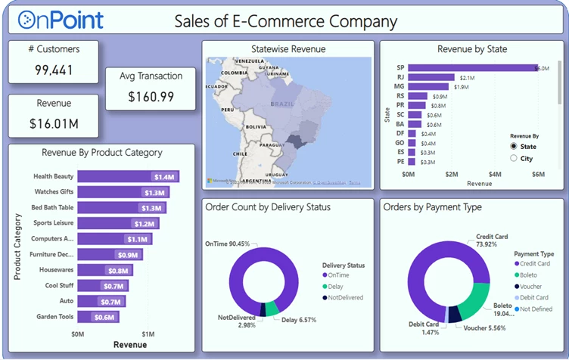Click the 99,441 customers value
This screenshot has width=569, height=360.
point(54,70)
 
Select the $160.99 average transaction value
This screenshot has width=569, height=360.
point(151,97)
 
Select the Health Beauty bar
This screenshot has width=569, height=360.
point(128,176)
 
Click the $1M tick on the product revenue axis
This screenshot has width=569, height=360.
point(148,334)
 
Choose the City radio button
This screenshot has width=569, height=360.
point(515,158)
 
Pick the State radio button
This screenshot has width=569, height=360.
point(515,146)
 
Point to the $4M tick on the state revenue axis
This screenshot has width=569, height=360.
point(495,174)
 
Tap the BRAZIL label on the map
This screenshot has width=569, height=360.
point(282,102)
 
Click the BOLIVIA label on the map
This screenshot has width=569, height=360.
point(256,126)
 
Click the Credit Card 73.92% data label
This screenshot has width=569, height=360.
point(491,241)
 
